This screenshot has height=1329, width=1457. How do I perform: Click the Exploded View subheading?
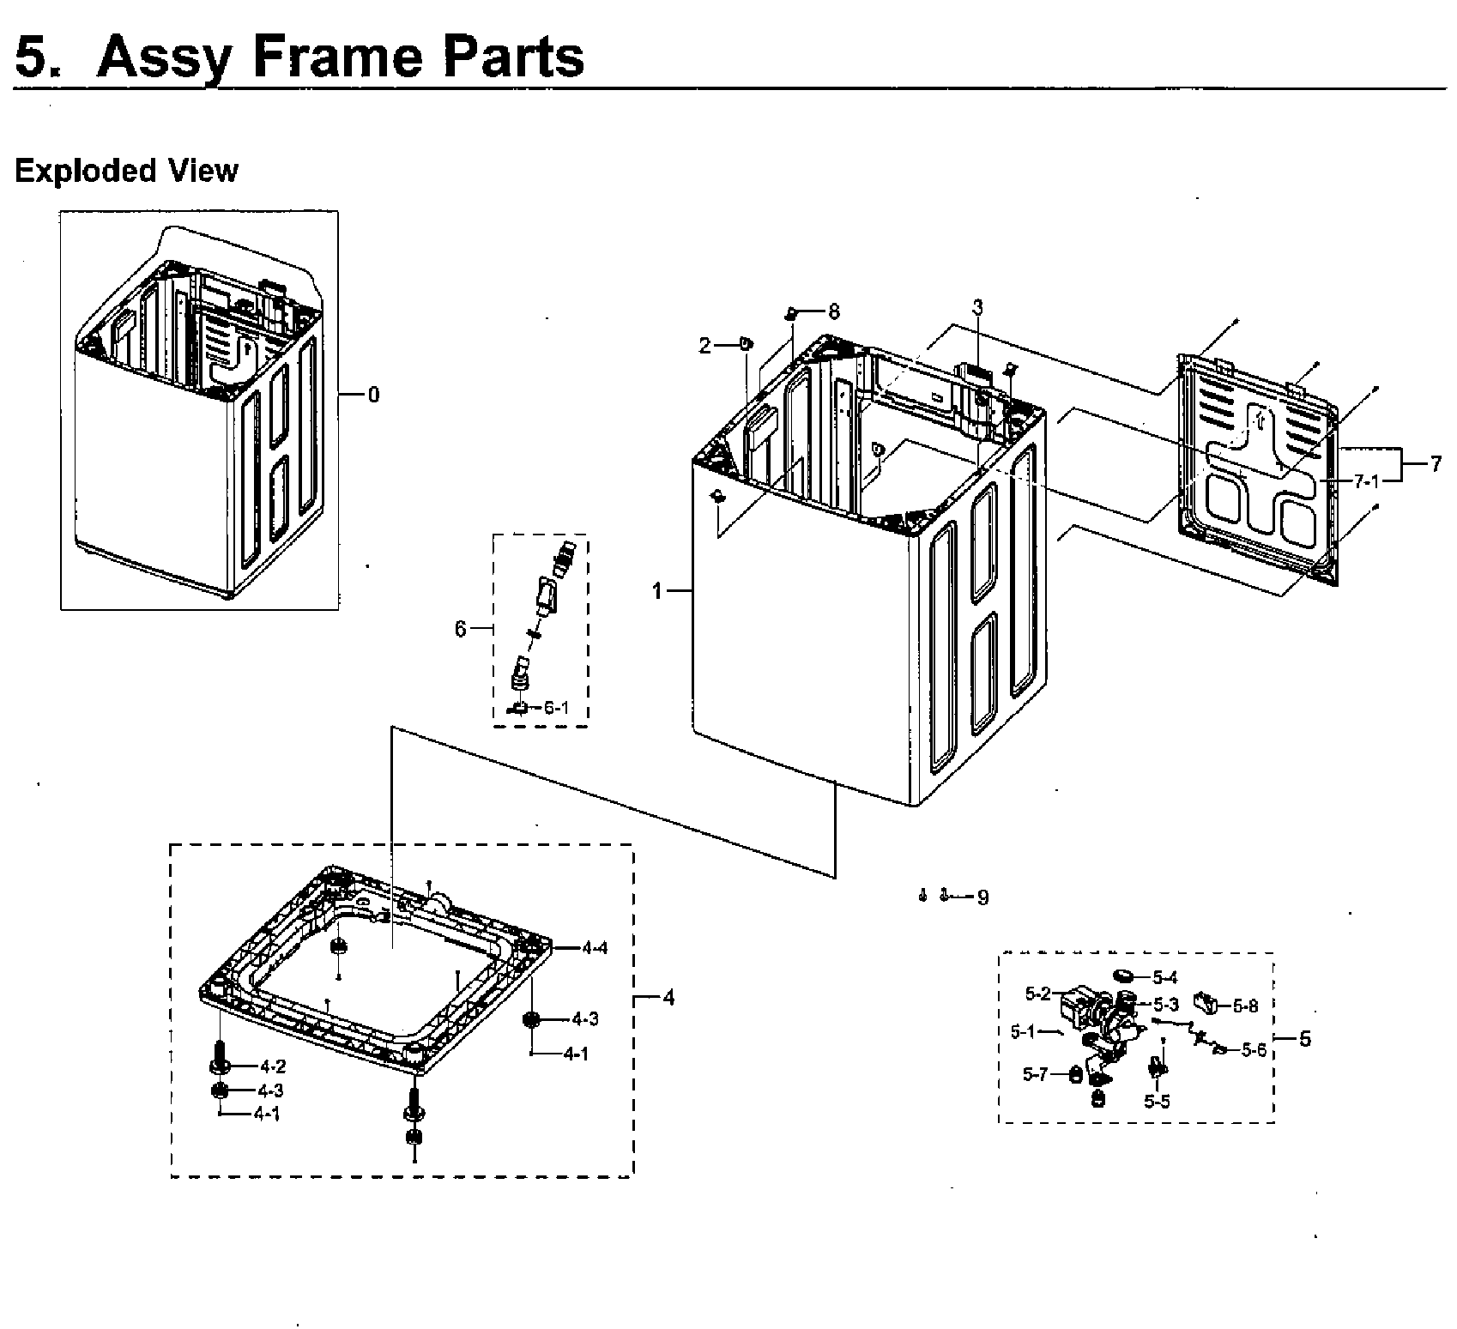[x=126, y=171]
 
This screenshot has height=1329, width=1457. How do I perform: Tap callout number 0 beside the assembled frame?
[x=372, y=395]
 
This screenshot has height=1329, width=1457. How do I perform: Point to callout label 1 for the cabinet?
[x=657, y=591]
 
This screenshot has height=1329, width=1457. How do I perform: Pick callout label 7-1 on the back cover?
[x=1366, y=481]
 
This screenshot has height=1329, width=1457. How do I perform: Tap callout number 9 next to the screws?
[x=982, y=897]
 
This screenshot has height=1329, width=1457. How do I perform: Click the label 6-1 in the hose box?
[x=555, y=708]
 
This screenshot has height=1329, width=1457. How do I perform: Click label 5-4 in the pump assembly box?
[x=1164, y=976]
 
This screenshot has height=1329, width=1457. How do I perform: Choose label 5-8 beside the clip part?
[x=1245, y=1006]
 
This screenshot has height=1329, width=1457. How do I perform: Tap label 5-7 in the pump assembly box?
[x=1035, y=1073]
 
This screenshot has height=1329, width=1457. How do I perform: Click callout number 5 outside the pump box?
[x=1304, y=1039]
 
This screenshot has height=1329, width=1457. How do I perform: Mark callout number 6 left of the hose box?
[x=461, y=629]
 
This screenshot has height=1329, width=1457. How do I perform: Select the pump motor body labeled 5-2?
[x=1078, y=1004]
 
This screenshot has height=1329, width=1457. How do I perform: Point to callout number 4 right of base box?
[x=668, y=998]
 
